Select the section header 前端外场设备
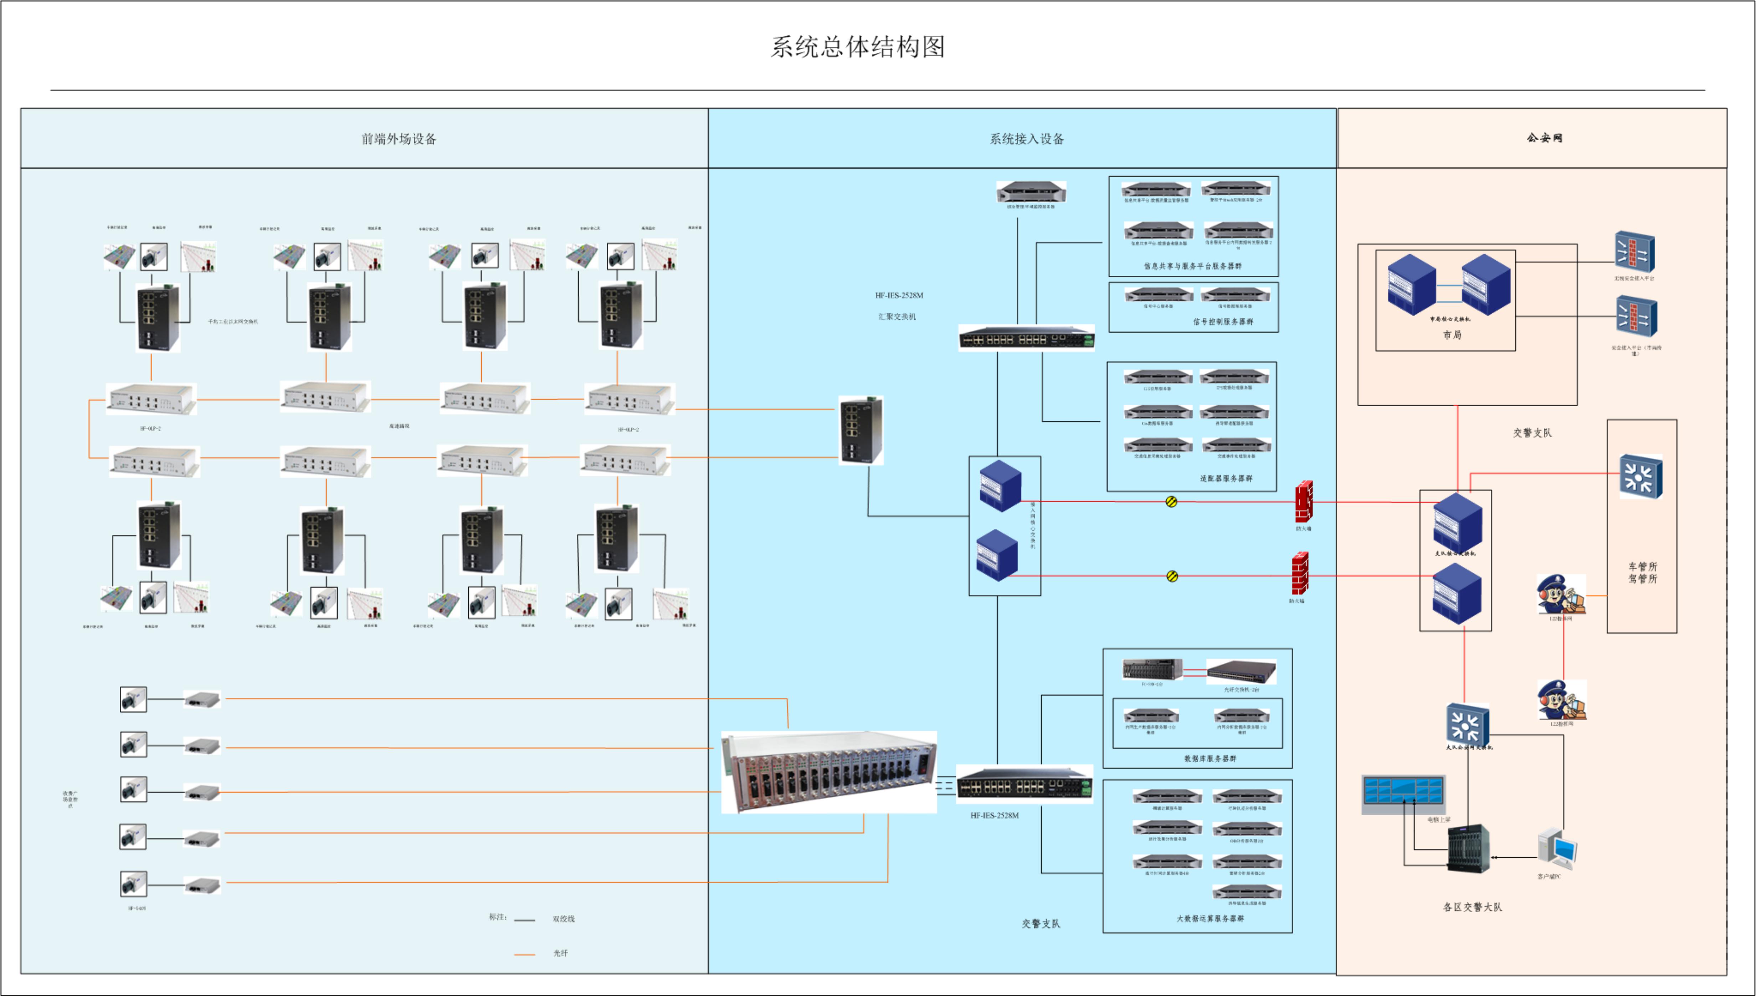point(399,139)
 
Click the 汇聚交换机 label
point(897,317)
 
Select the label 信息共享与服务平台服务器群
point(1192,266)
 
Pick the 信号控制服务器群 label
point(1223,322)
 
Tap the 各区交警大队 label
point(1472,907)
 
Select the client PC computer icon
point(1557,849)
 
